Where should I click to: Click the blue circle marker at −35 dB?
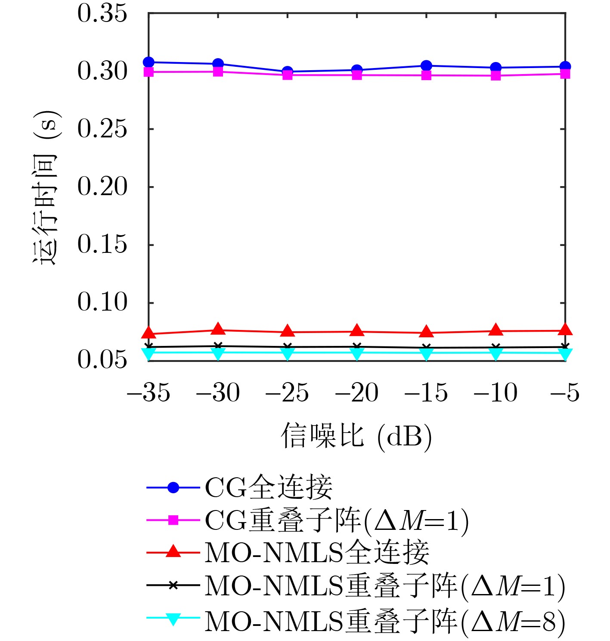(x=149, y=62)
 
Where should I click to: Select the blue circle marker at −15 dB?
(x=426, y=65)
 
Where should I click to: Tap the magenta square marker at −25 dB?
(x=288, y=75)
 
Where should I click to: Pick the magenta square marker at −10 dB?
(x=495, y=76)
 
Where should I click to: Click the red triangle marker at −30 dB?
(x=218, y=330)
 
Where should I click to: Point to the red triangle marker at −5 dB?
(x=565, y=330)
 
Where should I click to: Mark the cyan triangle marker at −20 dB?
(x=357, y=354)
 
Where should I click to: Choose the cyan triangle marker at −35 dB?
(x=149, y=354)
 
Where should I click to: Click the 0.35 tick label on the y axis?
(x=102, y=13)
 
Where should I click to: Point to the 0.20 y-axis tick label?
(x=102, y=187)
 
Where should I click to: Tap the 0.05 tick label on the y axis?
(x=102, y=360)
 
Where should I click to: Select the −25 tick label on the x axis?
(x=287, y=393)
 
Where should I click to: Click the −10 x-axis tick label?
(x=495, y=393)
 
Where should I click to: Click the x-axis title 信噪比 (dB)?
(x=356, y=436)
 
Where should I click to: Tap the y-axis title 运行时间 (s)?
(x=46, y=187)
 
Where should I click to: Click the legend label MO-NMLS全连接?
(x=317, y=553)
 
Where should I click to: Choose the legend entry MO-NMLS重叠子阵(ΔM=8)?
(x=385, y=621)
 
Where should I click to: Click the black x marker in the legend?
(x=173, y=585)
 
